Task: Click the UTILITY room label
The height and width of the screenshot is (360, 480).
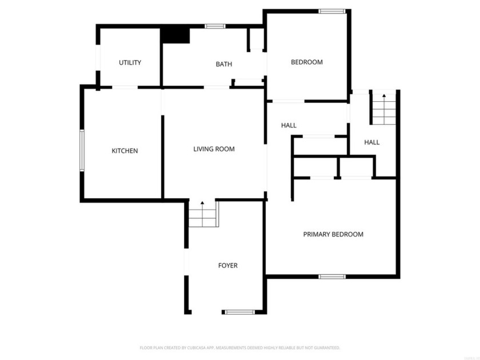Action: (130, 63)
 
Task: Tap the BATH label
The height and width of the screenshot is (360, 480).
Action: (224, 65)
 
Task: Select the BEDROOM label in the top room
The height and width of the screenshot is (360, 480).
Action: (307, 62)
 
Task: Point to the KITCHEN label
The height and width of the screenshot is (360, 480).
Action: (125, 151)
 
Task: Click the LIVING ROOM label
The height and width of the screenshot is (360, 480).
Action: (214, 149)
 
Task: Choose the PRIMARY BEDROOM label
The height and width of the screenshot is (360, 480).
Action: (333, 234)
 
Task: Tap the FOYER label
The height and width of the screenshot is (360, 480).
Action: (228, 266)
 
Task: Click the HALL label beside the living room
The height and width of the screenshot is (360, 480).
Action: (289, 126)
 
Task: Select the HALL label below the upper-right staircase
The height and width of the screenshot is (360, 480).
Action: (372, 142)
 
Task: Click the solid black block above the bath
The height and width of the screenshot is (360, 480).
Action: (175, 35)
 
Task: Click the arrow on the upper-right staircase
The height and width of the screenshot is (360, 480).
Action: (384, 95)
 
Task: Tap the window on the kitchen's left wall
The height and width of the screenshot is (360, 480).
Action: (82, 150)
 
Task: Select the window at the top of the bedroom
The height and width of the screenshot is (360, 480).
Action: (332, 11)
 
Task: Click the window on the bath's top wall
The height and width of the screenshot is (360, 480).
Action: (215, 26)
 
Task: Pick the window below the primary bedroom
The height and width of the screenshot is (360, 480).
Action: (332, 277)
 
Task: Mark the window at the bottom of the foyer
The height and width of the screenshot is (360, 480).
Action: (239, 312)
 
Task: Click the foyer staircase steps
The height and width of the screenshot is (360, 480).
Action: (203, 218)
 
